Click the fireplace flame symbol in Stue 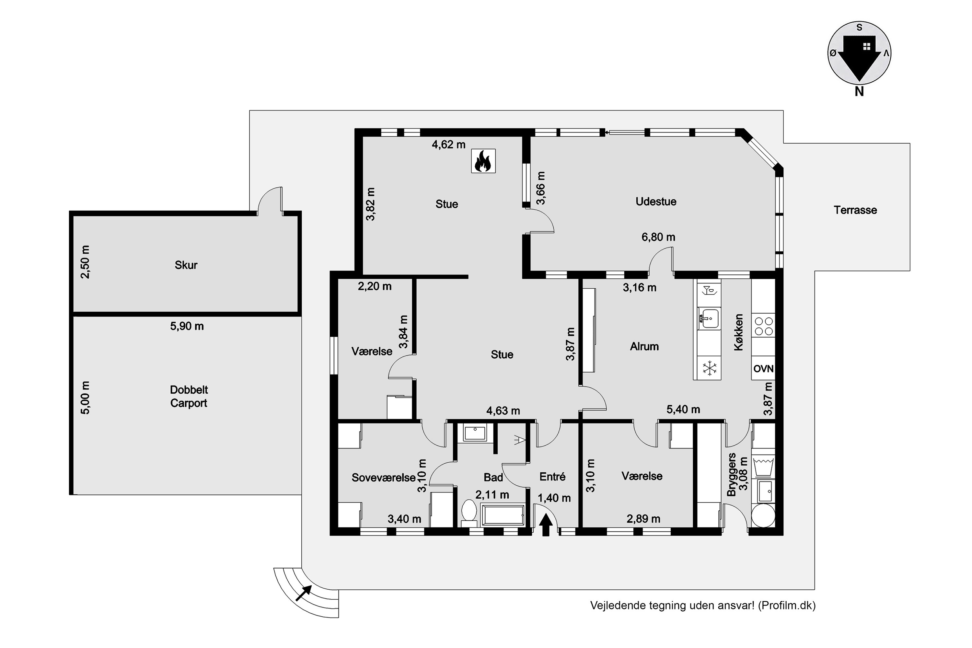(x=483, y=161)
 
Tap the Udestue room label (x=656, y=202)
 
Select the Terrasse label (x=855, y=210)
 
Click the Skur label (x=186, y=265)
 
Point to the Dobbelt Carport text (x=189, y=396)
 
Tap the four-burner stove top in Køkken (x=764, y=326)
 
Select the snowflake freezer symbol (x=710, y=368)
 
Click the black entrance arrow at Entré (x=546, y=525)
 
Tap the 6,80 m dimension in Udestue (x=658, y=237)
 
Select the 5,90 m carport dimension (x=187, y=326)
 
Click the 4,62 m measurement (x=448, y=145)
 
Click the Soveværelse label (x=384, y=478)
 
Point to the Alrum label (x=644, y=346)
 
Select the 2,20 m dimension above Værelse (x=375, y=286)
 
